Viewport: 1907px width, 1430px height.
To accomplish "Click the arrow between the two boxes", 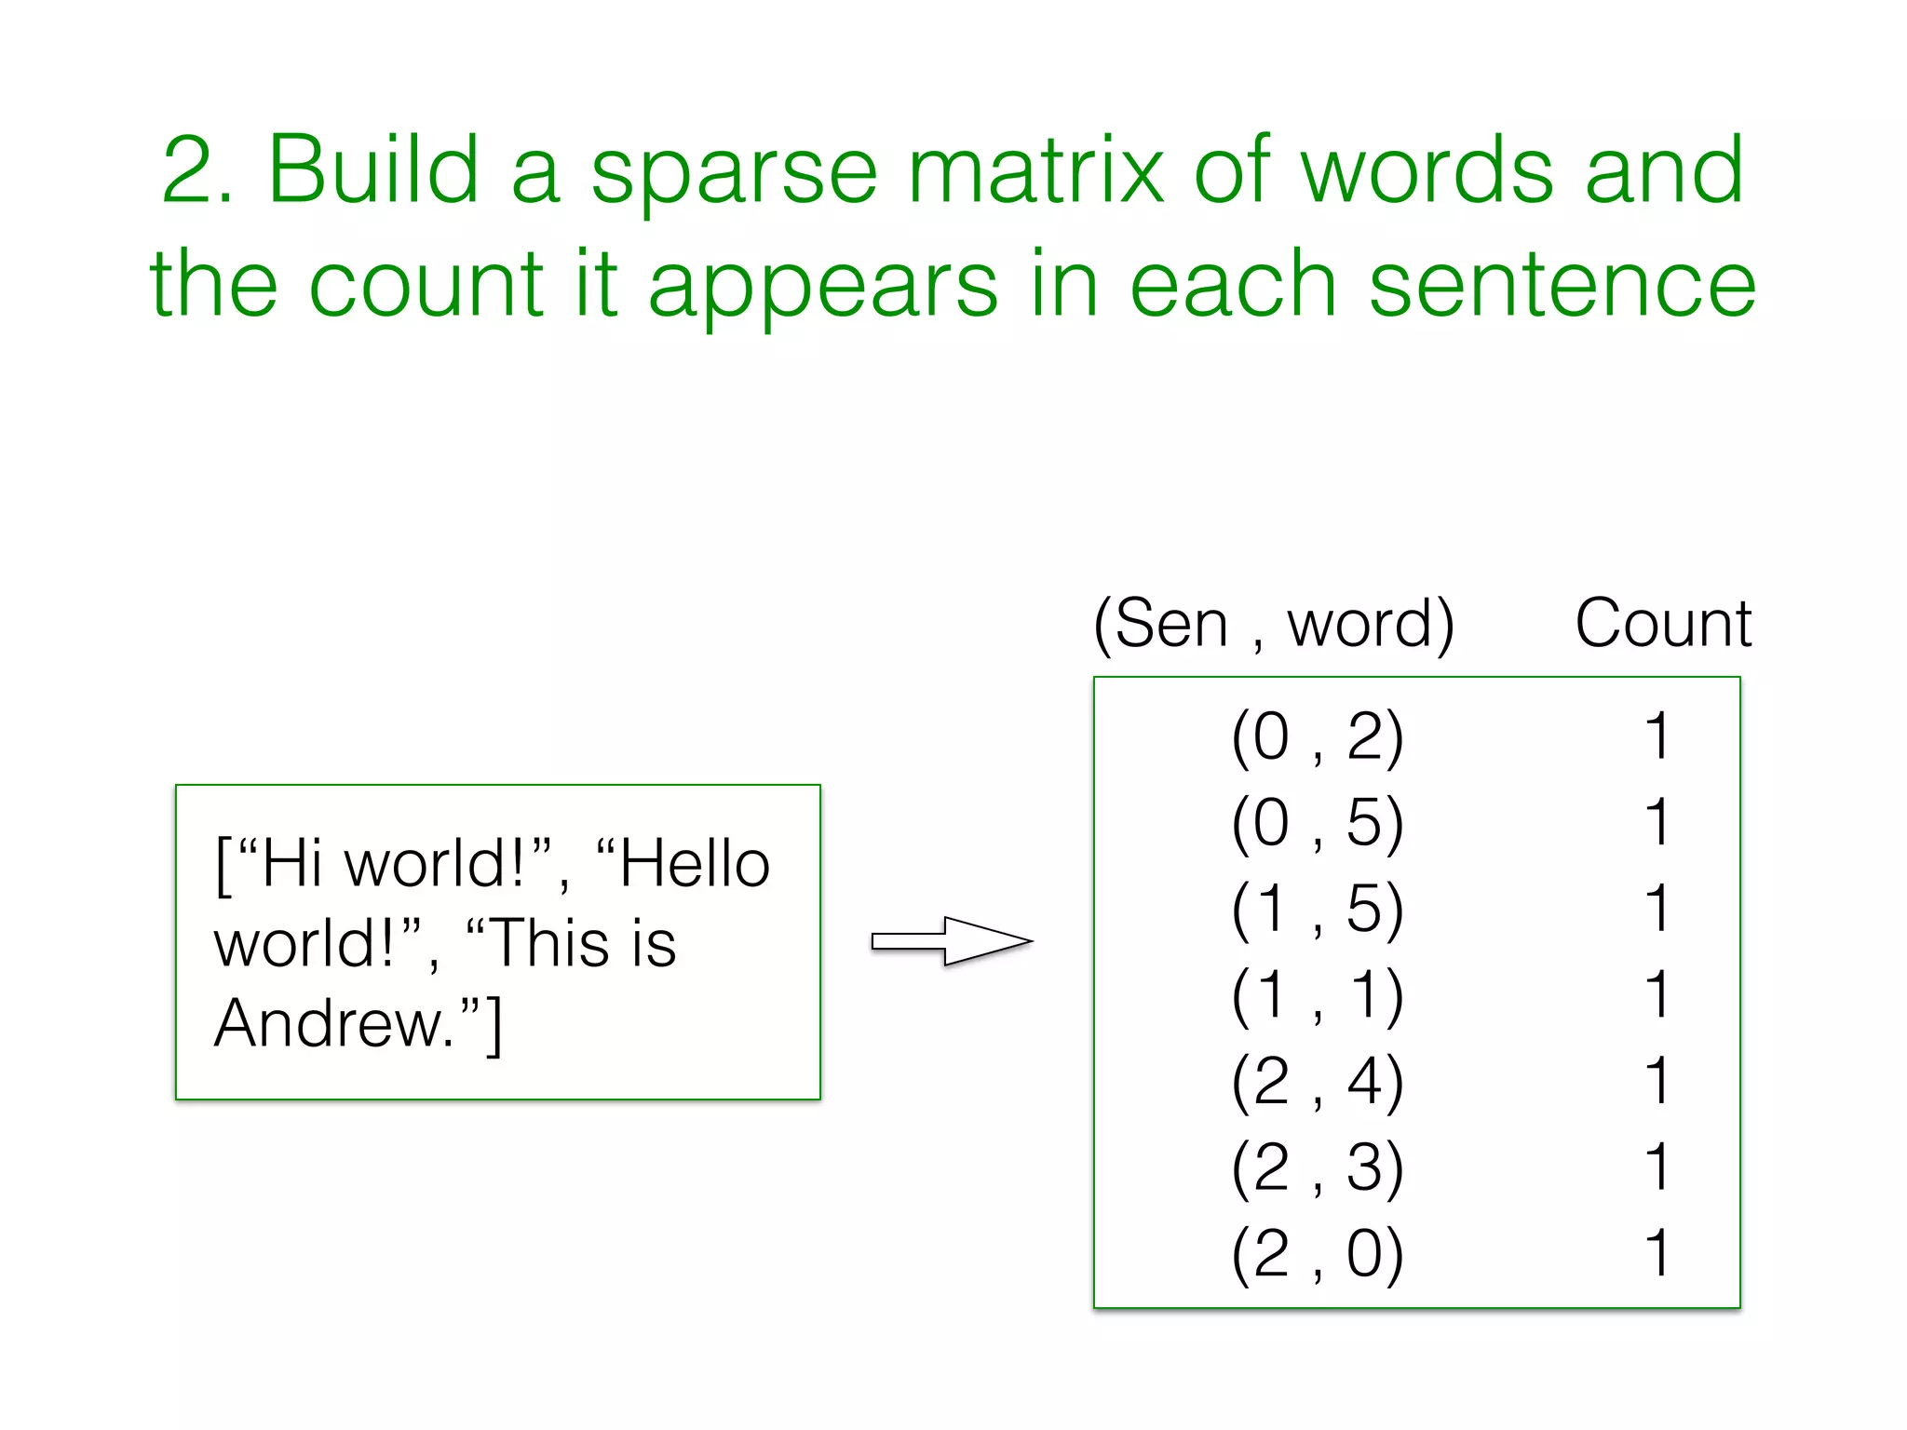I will tap(952, 941).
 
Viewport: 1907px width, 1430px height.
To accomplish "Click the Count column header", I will tap(1663, 623).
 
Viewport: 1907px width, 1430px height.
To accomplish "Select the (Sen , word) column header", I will tap(1273, 624).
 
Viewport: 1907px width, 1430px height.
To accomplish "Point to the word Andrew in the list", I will tap(332, 1023).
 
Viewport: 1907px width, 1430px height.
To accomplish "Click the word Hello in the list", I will tap(695, 865).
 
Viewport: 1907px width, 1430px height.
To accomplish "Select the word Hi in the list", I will tap(291, 865).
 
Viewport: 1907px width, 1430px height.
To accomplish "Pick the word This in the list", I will tap(550, 944).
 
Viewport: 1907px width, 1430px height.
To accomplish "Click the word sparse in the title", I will tap(735, 172).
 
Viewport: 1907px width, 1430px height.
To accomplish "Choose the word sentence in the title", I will tap(1562, 284).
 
